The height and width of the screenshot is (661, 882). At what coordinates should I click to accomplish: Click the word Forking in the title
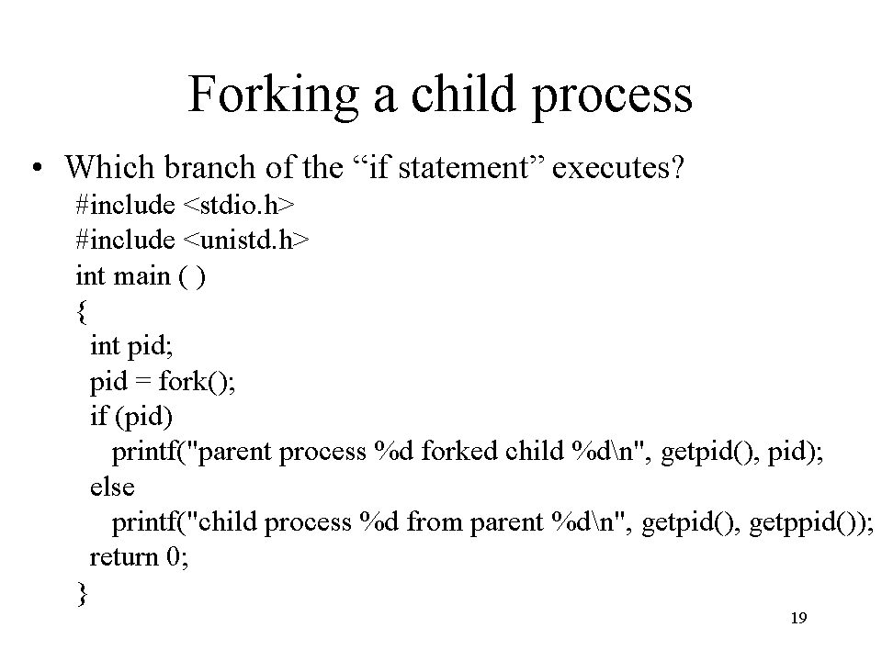pyautogui.click(x=273, y=95)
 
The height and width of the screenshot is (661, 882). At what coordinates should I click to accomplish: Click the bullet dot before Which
pyautogui.click(x=37, y=167)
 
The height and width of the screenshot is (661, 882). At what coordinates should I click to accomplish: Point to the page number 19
pyautogui.click(x=798, y=618)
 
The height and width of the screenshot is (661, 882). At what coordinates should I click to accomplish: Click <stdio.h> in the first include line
pyautogui.click(x=239, y=205)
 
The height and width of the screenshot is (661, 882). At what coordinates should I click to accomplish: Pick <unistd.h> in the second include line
pyautogui.click(x=246, y=240)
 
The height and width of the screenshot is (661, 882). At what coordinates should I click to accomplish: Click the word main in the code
pyautogui.click(x=141, y=276)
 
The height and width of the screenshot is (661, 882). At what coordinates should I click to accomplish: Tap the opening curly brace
pyautogui.click(x=82, y=311)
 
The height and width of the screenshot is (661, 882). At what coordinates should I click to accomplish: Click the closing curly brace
pyautogui.click(x=82, y=594)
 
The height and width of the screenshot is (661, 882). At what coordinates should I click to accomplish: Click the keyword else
pyautogui.click(x=112, y=487)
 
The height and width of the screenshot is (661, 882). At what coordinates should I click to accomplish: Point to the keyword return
pyautogui.click(x=124, y=557)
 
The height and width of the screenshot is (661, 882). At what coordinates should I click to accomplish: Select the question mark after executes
pyautogui.click(x=677, y=168)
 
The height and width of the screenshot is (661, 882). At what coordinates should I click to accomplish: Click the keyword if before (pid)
pyautogui.click(x=98, y=416)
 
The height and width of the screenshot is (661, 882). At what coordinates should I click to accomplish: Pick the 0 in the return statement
pyautogui.click(x=173, y=557)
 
